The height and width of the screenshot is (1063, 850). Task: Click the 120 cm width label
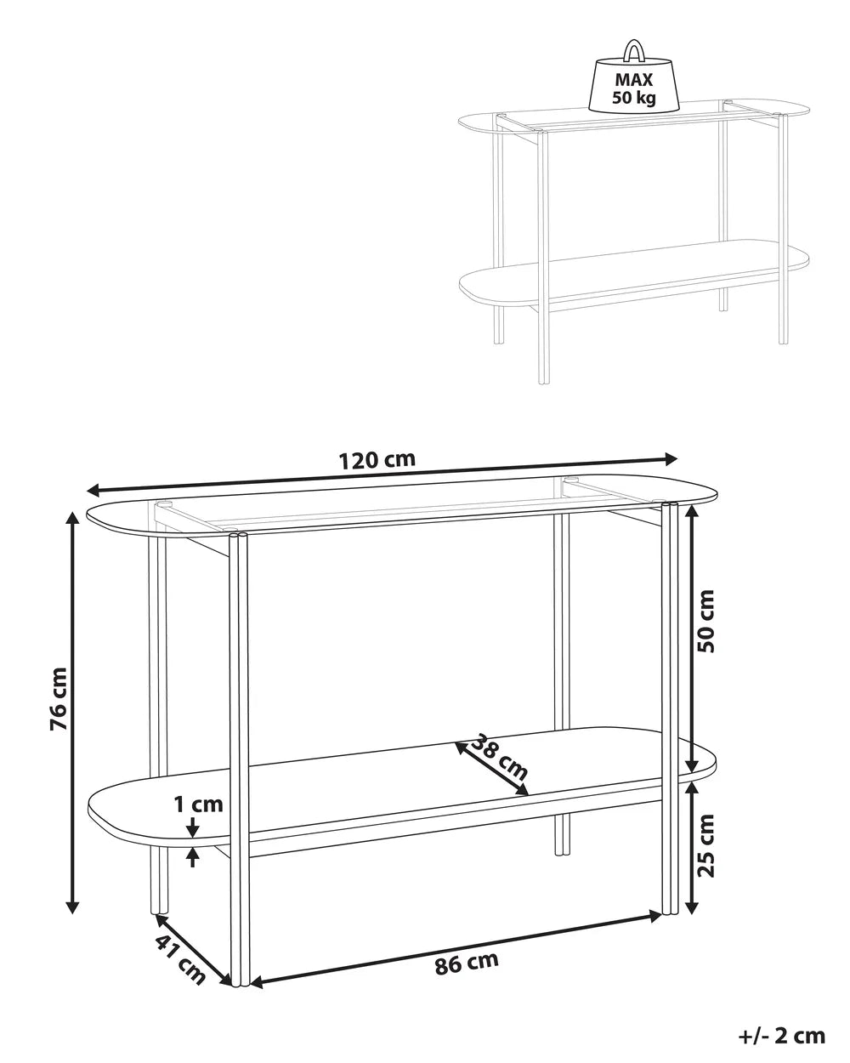377,460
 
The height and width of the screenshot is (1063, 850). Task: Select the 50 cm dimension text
705,621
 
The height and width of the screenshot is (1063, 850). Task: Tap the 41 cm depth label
180,958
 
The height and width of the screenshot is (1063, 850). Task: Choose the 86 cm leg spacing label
466,964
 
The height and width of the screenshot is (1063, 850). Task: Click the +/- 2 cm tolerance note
783,1035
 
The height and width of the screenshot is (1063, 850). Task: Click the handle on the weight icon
634,50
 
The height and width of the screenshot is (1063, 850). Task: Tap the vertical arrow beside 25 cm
692,846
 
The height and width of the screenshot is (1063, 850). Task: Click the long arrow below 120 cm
382,475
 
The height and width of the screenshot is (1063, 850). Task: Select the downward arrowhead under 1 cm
194,826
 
